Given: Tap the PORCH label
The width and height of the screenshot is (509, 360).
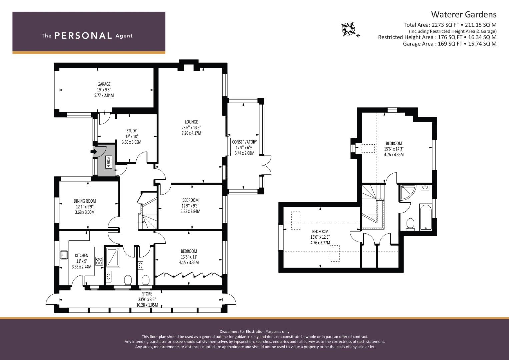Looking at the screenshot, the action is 108,162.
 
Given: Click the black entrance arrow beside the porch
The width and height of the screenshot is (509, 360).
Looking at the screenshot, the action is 93,152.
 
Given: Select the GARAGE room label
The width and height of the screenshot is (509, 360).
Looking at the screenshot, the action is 104,84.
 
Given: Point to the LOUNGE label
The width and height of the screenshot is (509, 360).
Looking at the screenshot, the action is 191,122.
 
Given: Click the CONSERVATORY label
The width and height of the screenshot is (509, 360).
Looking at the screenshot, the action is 245,142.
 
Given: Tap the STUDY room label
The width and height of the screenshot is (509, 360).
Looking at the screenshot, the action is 132,131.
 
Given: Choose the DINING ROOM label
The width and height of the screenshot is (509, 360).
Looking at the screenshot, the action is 85,201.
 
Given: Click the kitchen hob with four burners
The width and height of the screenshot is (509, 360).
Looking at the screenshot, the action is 99,261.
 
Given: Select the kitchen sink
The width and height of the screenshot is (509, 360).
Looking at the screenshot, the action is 64,255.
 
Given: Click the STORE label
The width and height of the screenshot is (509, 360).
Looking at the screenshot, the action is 147,294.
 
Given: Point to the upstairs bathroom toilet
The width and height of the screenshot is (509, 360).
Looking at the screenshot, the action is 410,224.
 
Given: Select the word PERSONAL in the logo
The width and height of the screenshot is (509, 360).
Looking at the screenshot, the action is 83,36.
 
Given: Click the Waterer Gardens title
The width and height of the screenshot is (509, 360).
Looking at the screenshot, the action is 464,15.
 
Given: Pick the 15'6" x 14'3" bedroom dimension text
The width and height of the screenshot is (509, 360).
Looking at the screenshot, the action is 394,149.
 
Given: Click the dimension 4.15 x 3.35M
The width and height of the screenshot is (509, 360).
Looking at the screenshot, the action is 189,263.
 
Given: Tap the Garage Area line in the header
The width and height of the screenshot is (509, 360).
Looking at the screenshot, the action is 450,44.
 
